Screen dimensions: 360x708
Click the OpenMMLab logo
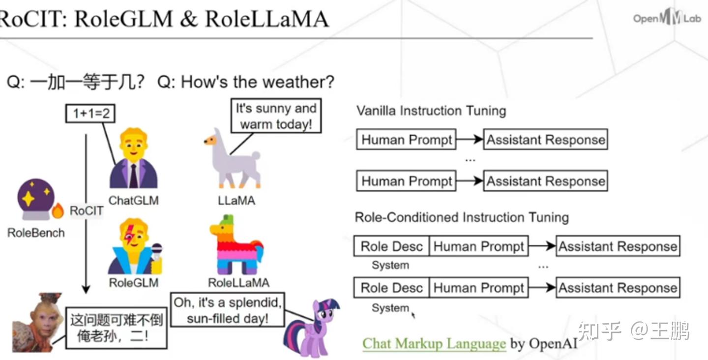(667, 18)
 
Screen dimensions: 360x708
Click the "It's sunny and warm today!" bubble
(276, 116)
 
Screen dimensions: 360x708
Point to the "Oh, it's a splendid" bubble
(228, 310)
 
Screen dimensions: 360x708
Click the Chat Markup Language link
(434, 343)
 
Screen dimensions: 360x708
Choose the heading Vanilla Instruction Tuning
(431, 111)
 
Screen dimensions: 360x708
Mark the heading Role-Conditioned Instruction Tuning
(461, 217)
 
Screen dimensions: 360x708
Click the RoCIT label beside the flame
(87, 211)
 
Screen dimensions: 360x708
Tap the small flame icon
(58, 210)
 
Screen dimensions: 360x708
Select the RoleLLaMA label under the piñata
(238, 283)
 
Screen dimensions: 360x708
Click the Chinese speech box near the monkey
(116, 328)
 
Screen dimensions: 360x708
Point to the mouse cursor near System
(413, 314)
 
